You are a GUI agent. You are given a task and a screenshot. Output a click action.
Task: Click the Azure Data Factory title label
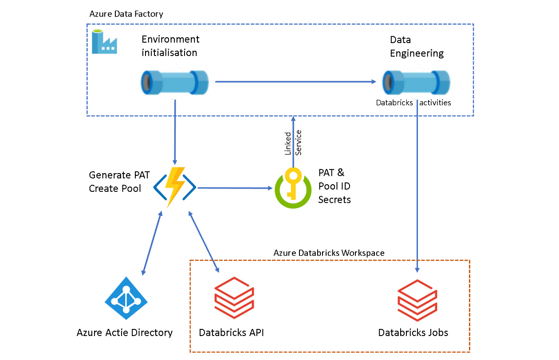126,14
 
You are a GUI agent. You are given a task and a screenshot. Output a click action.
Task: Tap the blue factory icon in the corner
104,42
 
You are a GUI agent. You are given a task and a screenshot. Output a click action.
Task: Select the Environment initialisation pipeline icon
174,82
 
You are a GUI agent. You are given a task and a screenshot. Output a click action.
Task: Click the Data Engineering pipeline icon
416,82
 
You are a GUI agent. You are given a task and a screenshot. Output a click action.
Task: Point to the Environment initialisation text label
170,46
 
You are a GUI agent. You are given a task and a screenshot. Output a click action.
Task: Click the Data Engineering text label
416,47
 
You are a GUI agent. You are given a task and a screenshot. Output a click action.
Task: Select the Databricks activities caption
413,103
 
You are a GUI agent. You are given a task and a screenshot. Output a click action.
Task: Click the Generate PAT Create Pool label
115,182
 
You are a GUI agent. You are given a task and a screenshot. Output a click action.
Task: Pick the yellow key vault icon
293,188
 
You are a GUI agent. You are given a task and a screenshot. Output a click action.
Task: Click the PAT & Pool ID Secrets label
335,186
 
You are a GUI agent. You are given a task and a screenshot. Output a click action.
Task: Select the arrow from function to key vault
235,188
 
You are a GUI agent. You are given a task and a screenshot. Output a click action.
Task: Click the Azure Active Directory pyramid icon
126,298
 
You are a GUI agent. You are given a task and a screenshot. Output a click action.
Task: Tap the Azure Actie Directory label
124,332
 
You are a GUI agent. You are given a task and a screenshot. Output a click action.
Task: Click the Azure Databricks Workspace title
329,253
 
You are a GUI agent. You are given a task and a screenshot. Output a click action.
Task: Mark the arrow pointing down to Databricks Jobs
417,191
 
